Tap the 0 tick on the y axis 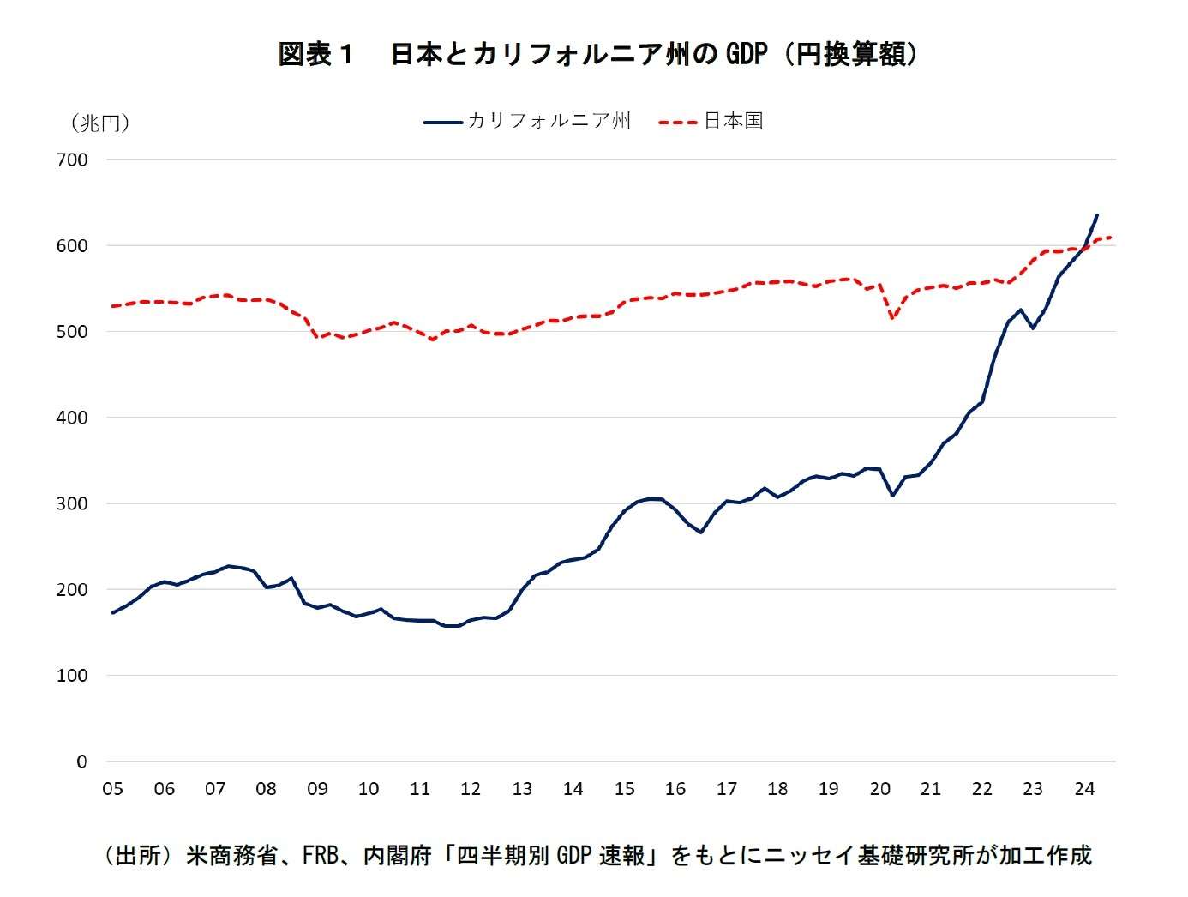pos(82,762)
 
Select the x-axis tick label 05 pos(112,789)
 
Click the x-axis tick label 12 pos(471,789)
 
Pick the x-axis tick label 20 pos(879,789)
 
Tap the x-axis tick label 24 pos(1084,789)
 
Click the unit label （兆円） pos(100,123)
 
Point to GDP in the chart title pos(746,54)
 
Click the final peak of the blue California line pos(1097,215)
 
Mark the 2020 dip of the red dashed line pos(892,318)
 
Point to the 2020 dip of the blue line pos(892,496)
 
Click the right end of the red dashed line pos(1111,238)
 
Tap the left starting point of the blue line pos(112,612)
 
